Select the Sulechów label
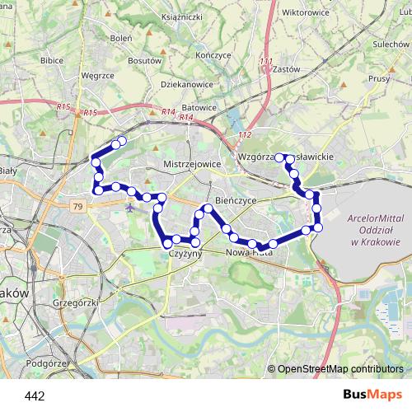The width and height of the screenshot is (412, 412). coord(391,44)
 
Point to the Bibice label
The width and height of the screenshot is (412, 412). coord(51,61)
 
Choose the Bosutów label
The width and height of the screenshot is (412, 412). coord(145,61)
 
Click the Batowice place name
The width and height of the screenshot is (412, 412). coord(199,107)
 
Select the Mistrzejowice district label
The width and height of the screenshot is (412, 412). coord(192,164)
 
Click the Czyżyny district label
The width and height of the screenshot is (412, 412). coord(185,255)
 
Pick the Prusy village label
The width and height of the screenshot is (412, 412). coord(378,79)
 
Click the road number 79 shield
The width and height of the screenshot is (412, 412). coord(77,206)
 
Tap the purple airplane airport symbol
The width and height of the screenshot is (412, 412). coord(132,206)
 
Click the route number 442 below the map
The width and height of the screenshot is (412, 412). coord(35,396)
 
